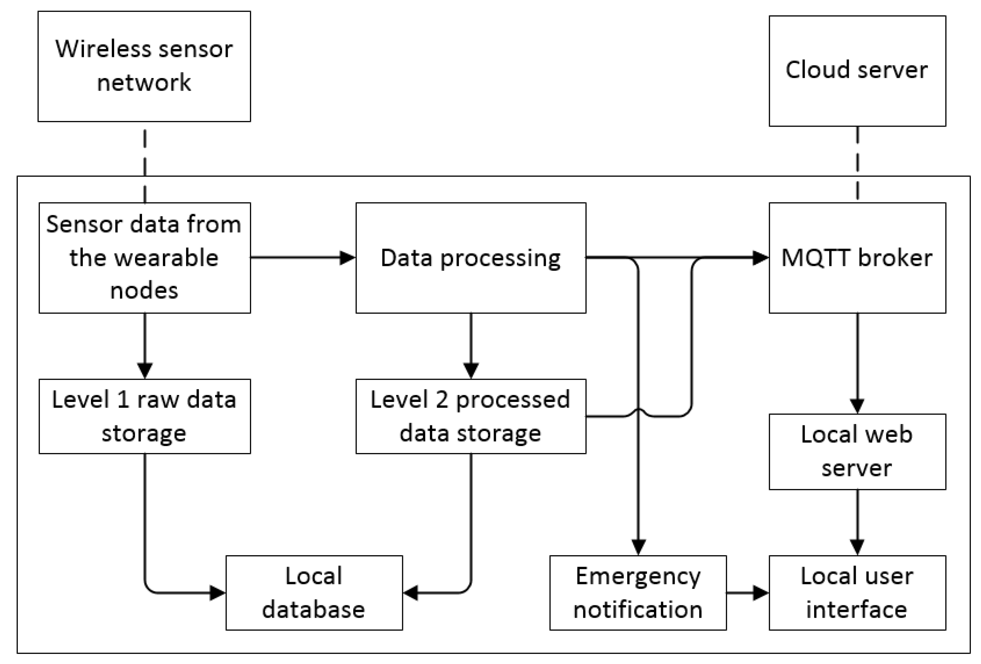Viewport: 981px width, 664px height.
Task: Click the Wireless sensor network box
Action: [x=144, y=66]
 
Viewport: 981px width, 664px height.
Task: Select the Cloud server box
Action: [x=857, y=71]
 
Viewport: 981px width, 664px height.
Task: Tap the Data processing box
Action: [x=470, y=257]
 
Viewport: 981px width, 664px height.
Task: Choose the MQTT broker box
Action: [x=857, y=257]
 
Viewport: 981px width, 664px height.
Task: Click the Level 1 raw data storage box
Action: [x=144, y=416]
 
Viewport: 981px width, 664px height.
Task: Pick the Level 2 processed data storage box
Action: [x=470, y=416]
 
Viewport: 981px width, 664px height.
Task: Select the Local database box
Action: [x=314, y=593]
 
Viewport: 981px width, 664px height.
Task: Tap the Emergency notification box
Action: [x=638, y=593]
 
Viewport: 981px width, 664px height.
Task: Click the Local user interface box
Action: [x=857, y=593]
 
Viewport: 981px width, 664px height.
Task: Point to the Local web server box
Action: [x=857, y=452]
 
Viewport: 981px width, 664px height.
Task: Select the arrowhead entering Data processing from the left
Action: [x=347, y=257]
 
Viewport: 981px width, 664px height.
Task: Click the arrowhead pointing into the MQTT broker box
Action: [x=761, y=257]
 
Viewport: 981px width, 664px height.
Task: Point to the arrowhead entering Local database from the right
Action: [x=411, y=593]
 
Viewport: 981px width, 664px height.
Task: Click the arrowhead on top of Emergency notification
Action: [x=638, y=547]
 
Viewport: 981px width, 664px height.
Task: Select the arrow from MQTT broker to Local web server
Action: [x=857, y=363]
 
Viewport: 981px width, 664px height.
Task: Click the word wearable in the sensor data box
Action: [x=144, y=257]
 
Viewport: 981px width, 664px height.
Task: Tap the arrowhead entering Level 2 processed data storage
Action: [x=471, y=370]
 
